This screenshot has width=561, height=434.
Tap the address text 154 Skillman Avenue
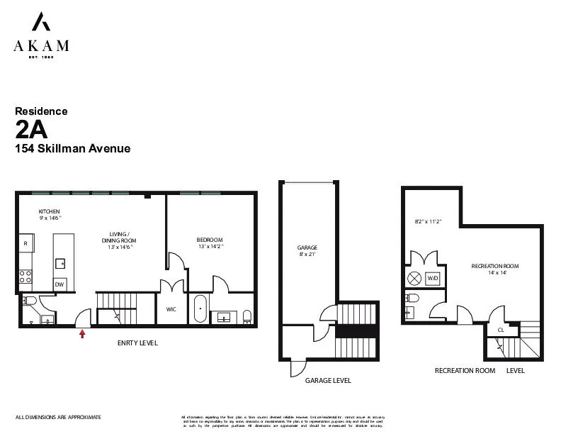pos(72,149)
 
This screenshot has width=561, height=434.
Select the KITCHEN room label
pos(49,211)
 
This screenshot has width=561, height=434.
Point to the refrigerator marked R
pos(25,243)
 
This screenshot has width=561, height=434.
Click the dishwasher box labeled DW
pos(60,284)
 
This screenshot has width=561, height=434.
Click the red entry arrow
pos(83,333)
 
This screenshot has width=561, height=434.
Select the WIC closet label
pos(171,309)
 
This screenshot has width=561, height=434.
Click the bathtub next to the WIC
pos(200,309)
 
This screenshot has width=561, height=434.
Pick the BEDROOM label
pos(210,240)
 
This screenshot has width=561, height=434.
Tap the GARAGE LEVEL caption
pos(327,381)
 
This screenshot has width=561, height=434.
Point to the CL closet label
pos(500,330)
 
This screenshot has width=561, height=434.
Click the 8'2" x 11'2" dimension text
pos(427,221)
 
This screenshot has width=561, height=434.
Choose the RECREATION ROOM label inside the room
pos(490,266)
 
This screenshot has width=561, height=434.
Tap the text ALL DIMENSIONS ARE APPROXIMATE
pos(58,417)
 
